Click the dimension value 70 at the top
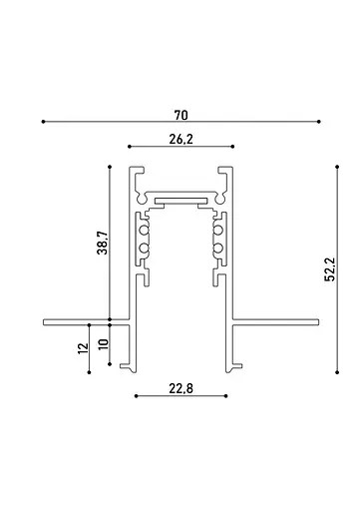tap(181, 115)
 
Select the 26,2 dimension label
tap(180, 140)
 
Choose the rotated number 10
tap(101, 344)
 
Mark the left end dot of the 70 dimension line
tap(43, 122)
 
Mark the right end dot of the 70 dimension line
tap(320, 122)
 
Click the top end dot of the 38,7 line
tap(109, 166)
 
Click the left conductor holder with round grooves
tap(145, 245)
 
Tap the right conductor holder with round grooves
tap(217, 245)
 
